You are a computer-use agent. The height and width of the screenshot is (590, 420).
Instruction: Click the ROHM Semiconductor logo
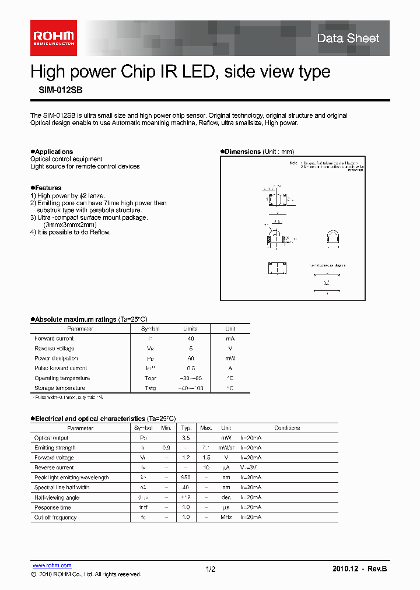pos(53,37)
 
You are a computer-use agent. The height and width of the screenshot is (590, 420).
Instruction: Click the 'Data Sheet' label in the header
pos(348,38)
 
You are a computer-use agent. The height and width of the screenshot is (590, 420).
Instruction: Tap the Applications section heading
pos(53,152)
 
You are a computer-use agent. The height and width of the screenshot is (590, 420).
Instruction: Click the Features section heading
pos(47,188)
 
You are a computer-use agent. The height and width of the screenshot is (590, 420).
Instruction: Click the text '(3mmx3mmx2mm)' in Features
pos(70,224)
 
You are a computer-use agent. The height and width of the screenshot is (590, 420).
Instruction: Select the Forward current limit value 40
pos(190,339)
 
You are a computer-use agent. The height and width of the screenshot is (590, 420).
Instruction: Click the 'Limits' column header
pos(190,329)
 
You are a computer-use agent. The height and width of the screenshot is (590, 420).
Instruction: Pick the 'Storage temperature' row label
pos(61,388)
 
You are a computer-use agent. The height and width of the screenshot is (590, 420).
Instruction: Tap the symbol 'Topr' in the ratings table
pos(150,378)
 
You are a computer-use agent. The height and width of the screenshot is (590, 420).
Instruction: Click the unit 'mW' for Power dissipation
pos(230,359)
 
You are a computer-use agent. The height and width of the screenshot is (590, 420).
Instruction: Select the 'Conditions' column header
pos(287,428)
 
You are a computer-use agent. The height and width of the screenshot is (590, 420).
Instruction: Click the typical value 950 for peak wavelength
pos(186,477)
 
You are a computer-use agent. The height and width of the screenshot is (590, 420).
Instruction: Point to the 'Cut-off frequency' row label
pos(55,517)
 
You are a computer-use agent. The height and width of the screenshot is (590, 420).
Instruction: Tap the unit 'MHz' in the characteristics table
pos(226,517)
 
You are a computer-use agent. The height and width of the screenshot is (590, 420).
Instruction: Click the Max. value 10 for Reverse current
pos(206,468)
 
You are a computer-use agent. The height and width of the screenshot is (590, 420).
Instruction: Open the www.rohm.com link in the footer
pos(52,566)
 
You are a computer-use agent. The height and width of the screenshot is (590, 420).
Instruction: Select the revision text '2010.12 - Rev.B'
pos(359,569)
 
